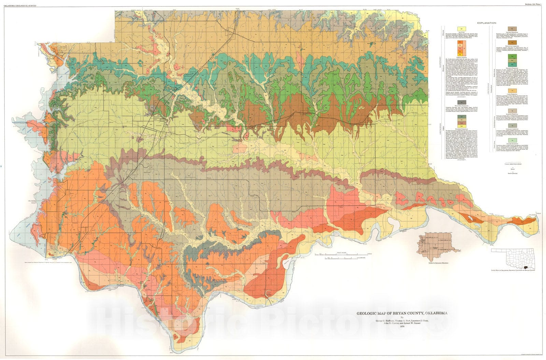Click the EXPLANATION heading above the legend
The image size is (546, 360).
pos(487,23)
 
